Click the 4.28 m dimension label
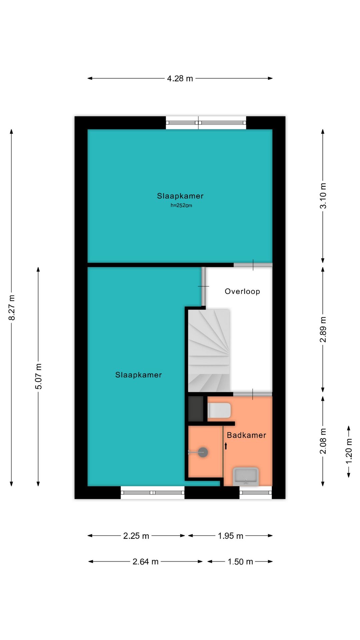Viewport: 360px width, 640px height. (x=180, y=78)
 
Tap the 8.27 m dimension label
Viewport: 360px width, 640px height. (x=12, y=307)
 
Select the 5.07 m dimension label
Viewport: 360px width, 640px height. (x=39, y=377)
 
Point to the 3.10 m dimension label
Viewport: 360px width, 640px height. (x=323, y=196)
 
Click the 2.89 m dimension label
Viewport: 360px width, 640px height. (x=323, y=329)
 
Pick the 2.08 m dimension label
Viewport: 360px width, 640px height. (x=323, y=441)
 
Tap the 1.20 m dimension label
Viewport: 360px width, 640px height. (x=349, y=451)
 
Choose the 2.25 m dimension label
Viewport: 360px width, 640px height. (x=136, y=536)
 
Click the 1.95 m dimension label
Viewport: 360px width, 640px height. (x=230, y=536)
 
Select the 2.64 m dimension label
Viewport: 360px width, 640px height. (x=145, y=562)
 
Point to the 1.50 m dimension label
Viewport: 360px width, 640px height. (x=240, y=562)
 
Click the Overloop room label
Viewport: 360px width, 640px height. (x=242, y=291)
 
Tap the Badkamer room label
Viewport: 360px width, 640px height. (x=246, y=435)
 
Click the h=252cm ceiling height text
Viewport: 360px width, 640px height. (x=181, y=205)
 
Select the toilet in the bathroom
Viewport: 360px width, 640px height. (x=219, y=410)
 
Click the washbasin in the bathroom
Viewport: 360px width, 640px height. (x=246, y=476)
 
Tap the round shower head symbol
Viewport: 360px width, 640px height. (x=203, y=452)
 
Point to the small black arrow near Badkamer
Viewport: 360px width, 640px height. (x=226, y=446)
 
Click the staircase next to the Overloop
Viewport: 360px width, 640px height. (x=209, y=350)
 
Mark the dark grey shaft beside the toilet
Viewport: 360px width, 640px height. (x=196, y=409)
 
